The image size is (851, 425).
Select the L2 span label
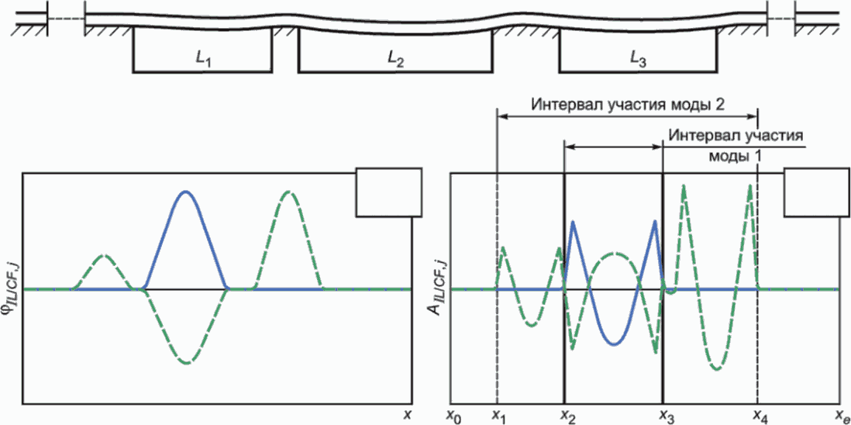[395, 59]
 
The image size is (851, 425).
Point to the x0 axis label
[455, 416]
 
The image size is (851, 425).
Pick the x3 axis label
[666, 416]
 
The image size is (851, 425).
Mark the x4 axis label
[761, 416]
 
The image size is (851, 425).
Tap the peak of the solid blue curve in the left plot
[184, 191]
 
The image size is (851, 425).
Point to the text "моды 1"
[735, 155]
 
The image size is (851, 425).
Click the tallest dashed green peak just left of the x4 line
[750, 185]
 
